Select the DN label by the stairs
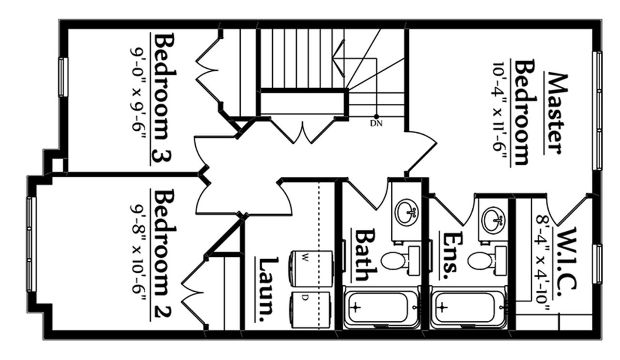(x=376, y=124)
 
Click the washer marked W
(x=311, y=268)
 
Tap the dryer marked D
(x=310, y=310)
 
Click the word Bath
(x=366, y=255)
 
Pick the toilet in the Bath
(x=400, y=261)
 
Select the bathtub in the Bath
(x=381, y=308)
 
